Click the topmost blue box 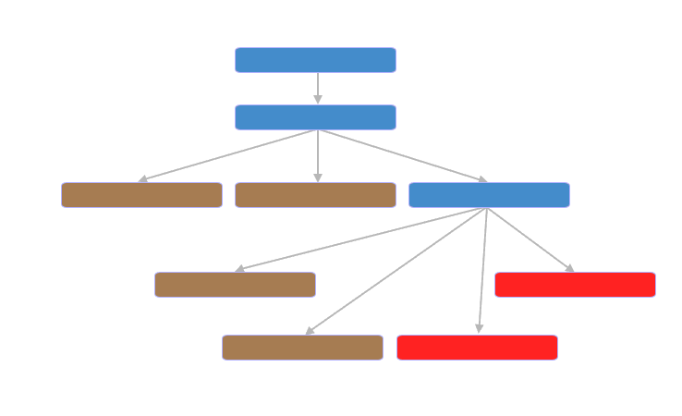point(315,60)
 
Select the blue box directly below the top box point(315,117)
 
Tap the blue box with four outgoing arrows point(489,195)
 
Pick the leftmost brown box point(141,195)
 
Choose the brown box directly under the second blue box point(315,195)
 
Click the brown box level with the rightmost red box point(235,285)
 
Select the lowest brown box point(302,348)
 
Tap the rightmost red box point(575,285)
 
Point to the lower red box point(477,348)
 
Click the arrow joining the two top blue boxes point(318,86)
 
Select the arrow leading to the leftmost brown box point(231,154)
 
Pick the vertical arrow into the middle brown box point(318,154)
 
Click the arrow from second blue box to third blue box point(402,155)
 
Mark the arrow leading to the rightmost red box point(530,239)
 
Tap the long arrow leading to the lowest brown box point(396,271)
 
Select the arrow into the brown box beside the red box point(360,239)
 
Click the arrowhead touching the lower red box point(479,328)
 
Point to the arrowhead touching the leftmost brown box point(142,179)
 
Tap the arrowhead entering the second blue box point(318,100)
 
